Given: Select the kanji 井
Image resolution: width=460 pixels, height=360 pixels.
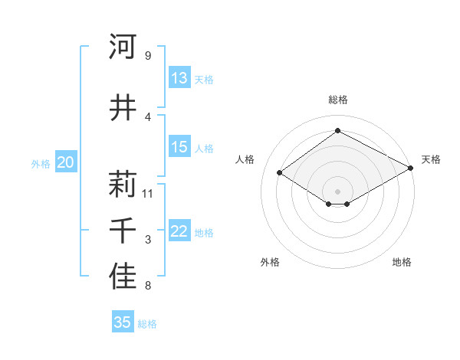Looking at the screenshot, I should click(123, 107).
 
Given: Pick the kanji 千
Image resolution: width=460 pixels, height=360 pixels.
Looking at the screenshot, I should click(123, 231).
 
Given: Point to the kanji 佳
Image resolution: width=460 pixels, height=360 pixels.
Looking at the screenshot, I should click(123, 277).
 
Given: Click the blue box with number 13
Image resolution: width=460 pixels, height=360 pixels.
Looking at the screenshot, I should click(179, 78).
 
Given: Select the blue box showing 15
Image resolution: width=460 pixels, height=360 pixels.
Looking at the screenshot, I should click(179, 147).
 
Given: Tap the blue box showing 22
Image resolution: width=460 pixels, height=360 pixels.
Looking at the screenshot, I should click(179, 232).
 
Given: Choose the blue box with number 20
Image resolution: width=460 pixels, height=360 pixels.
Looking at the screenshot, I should click(66, 162).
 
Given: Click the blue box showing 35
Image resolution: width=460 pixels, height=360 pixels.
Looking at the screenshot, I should click(123, 322).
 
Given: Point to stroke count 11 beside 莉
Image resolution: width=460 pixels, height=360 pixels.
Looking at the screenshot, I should click(148, 193).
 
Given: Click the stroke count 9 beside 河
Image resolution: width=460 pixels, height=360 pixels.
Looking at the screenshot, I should click(148, 56).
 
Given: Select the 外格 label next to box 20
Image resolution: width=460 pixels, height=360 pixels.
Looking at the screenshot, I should click(41, 163).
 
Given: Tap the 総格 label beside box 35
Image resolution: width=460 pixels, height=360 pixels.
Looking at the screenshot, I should click(147, 324).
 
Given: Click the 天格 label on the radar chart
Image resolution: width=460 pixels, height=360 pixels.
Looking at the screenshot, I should click(431, 159).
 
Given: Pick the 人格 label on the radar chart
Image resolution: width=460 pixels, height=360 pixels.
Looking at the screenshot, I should click(245, 159).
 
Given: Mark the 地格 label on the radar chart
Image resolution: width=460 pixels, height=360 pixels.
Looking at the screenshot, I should click(402, 262).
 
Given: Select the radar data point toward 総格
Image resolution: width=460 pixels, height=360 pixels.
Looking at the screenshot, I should click(337, 131).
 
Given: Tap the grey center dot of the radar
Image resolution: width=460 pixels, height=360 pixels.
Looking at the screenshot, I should click(337, 190).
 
